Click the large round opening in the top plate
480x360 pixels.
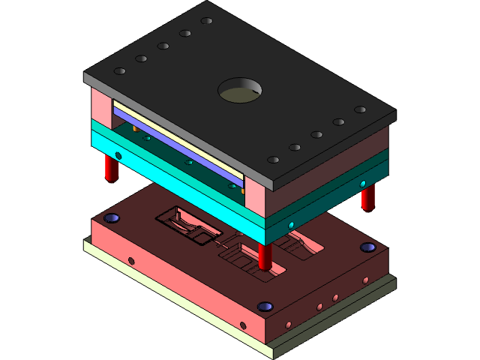coord(240,91)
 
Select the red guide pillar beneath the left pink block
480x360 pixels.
coord(111,169)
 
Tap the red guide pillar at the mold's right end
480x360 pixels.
coord(367,198)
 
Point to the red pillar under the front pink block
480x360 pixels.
coord(265,255)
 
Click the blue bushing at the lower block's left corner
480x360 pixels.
coord(112,218)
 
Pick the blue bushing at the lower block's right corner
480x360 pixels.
coord(367,247)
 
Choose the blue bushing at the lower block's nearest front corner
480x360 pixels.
coord(264,306)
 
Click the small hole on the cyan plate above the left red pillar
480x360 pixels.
coord(118,155)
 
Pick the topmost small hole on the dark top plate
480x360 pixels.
coord(206,21)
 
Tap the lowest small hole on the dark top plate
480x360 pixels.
coord(274,159)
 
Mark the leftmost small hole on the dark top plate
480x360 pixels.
coord(119,71)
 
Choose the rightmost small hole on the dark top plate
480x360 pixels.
coord(360,109)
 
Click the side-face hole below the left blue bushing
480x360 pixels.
coord(131,261)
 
